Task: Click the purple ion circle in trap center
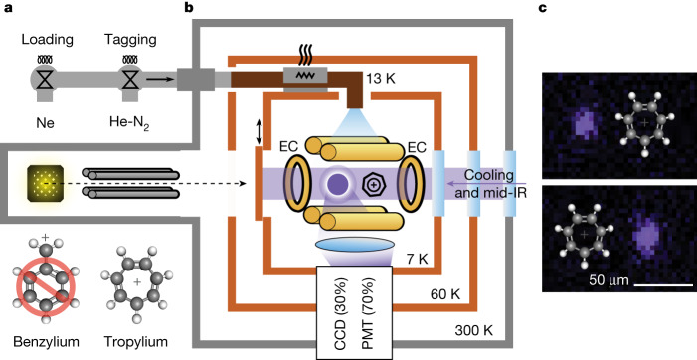(x=337, y=184)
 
